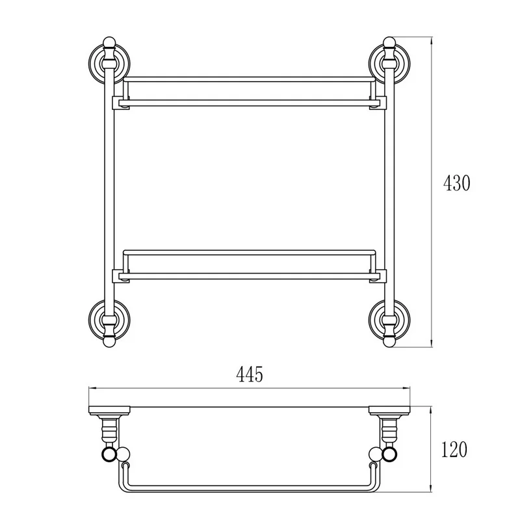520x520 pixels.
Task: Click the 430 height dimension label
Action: tap(457, 183)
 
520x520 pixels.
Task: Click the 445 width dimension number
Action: tap(250, 375)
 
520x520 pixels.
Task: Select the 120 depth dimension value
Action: tap(454, 449)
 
